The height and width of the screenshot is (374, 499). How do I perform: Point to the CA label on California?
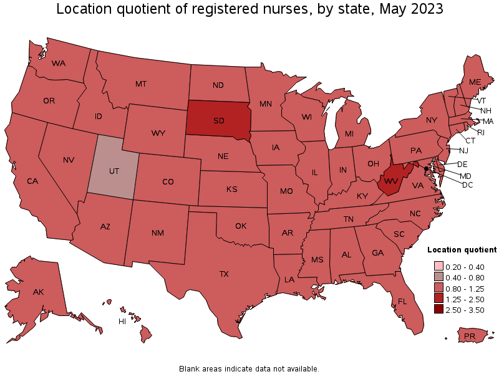(x=33, y=181)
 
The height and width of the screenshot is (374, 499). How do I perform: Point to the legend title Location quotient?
(x=462, y=249)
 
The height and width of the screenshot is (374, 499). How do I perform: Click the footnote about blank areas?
(x=249, y=368)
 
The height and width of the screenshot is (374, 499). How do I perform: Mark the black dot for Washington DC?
(x=426, y=168)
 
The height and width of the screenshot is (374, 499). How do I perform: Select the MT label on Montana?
(x=141, y=84)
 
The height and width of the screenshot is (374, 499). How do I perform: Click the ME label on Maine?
(x=475, y=82)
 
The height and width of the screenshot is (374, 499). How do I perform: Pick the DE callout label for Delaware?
(x=462, y=164)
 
